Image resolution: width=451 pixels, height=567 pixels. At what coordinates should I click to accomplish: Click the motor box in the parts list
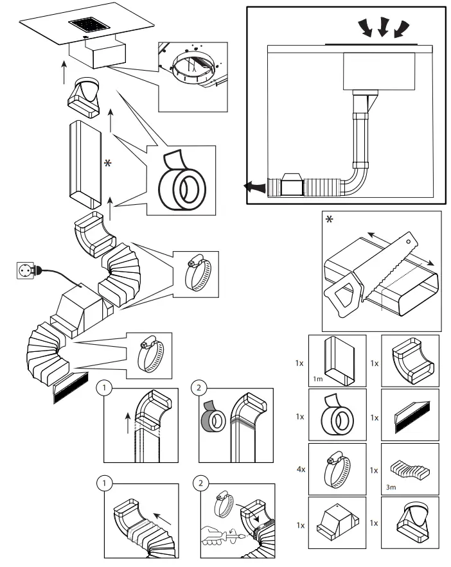click(x=333, y=523)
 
